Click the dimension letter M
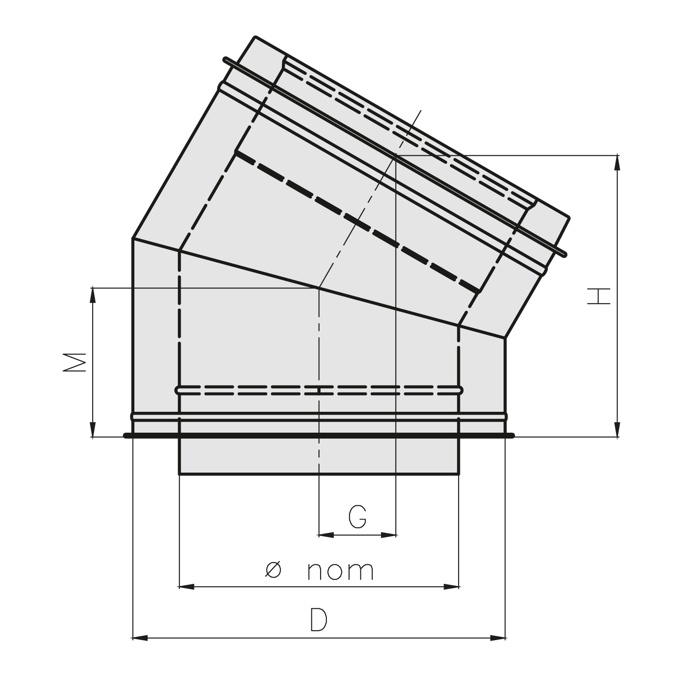point(75,362)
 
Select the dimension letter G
point(357,516)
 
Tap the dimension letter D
point(318,620)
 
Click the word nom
point(340,571)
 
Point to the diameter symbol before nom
point(273,570)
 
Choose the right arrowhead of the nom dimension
point(451,587)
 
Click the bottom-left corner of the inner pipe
point(180,474)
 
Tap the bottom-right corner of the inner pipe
point(459,474)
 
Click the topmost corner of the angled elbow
point(256,37)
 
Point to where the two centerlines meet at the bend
point(319,287)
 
